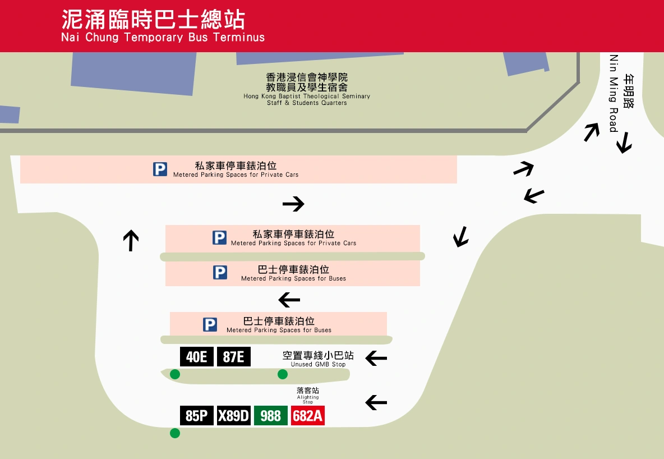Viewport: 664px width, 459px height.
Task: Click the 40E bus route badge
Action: click(196, 357)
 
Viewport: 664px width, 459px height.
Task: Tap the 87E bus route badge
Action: click(233, 357)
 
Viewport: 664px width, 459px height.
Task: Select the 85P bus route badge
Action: click(196, 416)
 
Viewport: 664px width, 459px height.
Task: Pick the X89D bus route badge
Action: click(233, 416)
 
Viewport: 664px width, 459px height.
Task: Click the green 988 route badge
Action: click(270, 416)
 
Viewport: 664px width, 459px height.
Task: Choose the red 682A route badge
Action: click(308, 416)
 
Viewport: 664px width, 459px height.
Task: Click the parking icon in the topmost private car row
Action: click(160, 169)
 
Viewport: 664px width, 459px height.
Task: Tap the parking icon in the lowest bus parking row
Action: click(210, 324)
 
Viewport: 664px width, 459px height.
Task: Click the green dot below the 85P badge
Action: click(175, 433)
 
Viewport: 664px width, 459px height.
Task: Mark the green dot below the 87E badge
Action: click(283, 374)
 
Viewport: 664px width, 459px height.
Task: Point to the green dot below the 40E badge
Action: click(175, 374)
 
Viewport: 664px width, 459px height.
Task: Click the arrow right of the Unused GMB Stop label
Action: click(376, 357)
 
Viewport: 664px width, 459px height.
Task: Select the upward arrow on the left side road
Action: click(131, 240)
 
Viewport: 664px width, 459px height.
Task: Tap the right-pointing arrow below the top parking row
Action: click(293, 204)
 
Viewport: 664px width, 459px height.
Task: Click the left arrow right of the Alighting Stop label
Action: click(376, 402)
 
